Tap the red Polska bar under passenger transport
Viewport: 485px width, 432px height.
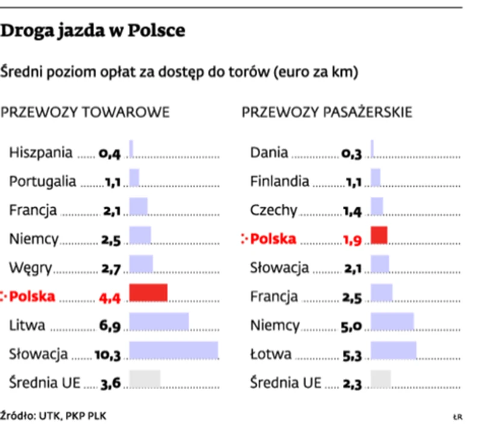tap(379, 235)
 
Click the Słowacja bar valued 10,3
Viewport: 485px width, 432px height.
tap(174, 351)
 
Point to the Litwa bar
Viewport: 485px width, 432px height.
tap(159, 322)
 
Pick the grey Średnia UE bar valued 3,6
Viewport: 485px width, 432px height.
tap(145, 378)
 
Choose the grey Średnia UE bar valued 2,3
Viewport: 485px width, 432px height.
tap(381, 378)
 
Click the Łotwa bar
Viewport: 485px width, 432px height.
tap(393, 351)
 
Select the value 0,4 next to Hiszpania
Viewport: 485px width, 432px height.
tap(110, 154)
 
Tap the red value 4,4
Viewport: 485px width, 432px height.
tap(110, 297)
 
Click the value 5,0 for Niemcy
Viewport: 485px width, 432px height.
tap(351, 327)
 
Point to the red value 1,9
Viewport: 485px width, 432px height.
tap(352, 240)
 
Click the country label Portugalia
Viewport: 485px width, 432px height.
tap(43, 181)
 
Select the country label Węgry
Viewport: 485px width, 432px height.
tap(31, 268)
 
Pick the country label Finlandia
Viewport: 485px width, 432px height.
tap(280, 181)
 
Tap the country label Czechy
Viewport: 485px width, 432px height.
tap(274, 210)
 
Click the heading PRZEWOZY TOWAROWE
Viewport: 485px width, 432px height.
tap(86, 113)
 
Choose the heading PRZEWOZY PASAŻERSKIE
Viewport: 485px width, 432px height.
tap(327, 113)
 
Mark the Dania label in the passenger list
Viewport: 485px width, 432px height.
tap(269, 153)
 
